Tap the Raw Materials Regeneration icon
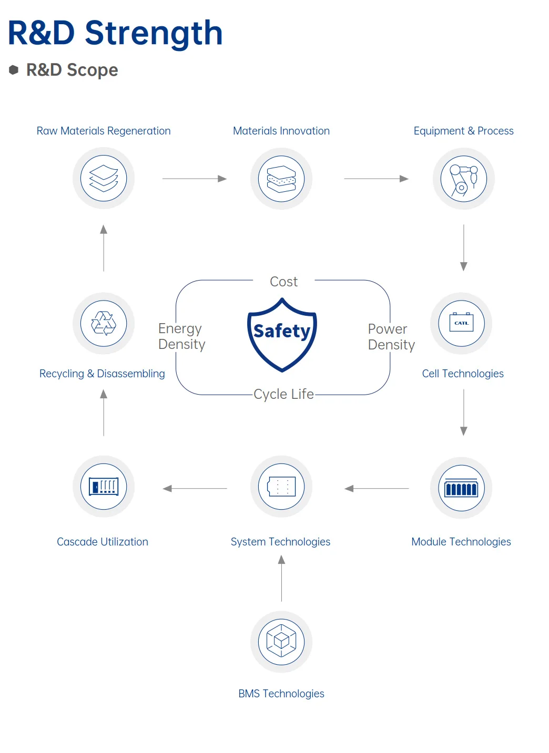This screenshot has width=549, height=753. pyautogui.click(x=104, y=178)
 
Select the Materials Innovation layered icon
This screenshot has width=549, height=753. pyautogui.click(x=281, y=179)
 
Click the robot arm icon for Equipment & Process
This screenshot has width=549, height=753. pyautogui.click(x=463, y=179)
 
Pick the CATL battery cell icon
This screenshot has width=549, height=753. pyautogui.click(x=461, y=323)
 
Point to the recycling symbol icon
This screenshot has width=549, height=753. pyautogui.click(x=104, y=323)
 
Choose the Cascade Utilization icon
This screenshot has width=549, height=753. pyautogui.click(x=104, y=487)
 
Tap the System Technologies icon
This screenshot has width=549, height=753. pyautogui.click(x=281, y=487)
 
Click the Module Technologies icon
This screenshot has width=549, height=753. pyautogui.click(x=461, y=488)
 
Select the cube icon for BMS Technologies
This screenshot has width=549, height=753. pyautogui.click(x=281, y=642)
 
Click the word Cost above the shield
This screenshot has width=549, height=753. pyautogui.click(x=283, y=282)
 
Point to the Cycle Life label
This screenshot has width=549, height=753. pyautogui.click(x=283, y=394)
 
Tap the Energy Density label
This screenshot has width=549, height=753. pyautogui.click(x=181, y=336)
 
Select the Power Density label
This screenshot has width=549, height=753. pyautogui.click(x=391, y=337)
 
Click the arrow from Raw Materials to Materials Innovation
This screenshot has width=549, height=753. pyautogui.click(x=194, y=179)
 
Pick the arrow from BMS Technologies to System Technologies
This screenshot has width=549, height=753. pyautogui.click(x=281, y=579)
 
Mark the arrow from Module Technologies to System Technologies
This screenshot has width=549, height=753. pyautogui.click(x=377, y=489)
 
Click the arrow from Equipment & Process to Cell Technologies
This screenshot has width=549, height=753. pyautogui.click(x=463, y=247)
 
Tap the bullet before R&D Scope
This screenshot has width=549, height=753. pyautogui.click(x=14, y=69)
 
